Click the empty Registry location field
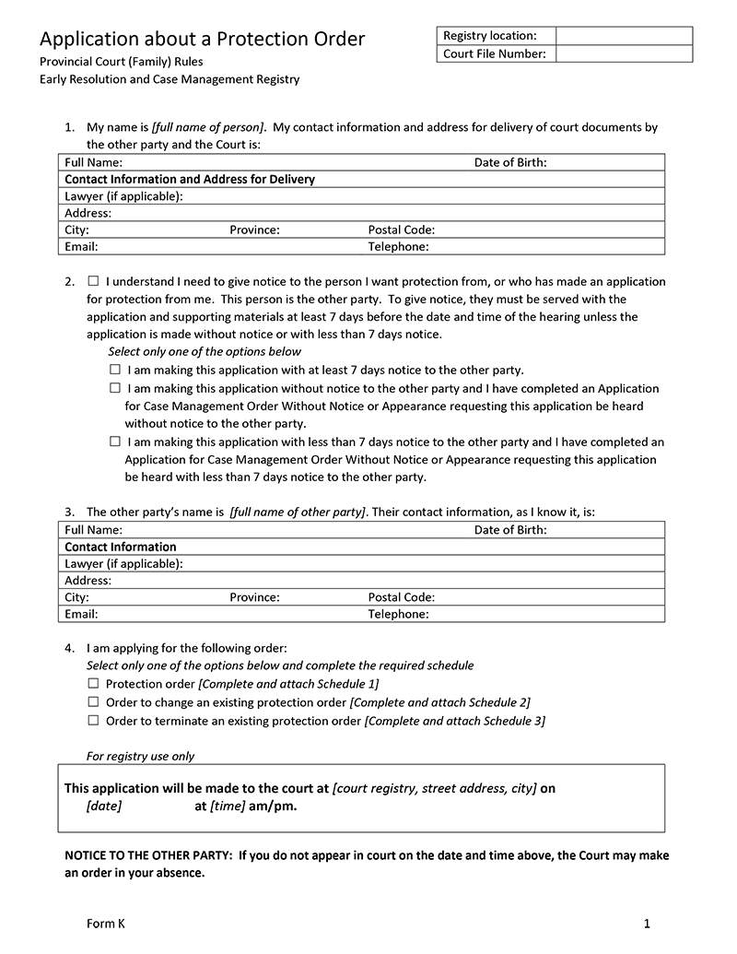pyautogui.click(x=624, y=36)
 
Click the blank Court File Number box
pyautogui.click(x=624, y=53)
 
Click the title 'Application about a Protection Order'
pyautogui.click(x=202, y=39)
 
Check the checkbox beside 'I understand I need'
pyautogui.click(x=94, y=281)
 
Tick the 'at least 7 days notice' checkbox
pyautogui.click(x=115, y=370)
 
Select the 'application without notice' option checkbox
pyautogui.click(x=115, y=388)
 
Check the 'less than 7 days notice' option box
pyautogui.click(x=115, y=442)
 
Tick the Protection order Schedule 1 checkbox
pyautogui.click(x=93, y=684)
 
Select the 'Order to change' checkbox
pyautogui.click(x=93, y=702)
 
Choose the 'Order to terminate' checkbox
pyautogui.click(x=93, y=721)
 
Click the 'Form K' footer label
pyautogui.click(x=105, y=924)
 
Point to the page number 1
pyautogui.click(x=648, y=924)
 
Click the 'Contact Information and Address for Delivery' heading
pyautogui.click(x=190, y=179)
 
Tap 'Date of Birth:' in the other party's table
pyautogui.click(x=510, y=530)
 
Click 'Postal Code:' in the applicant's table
pyautogui.click(x=402, y=230)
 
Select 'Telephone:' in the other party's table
pyautogui.click(x=398, y=614)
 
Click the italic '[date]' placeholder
pyautogui.click(x=104, y=806)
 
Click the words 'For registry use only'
pyautogui.click(x=141, y=756)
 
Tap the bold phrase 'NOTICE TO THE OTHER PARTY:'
pyautogui.click(x=148, y=855)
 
